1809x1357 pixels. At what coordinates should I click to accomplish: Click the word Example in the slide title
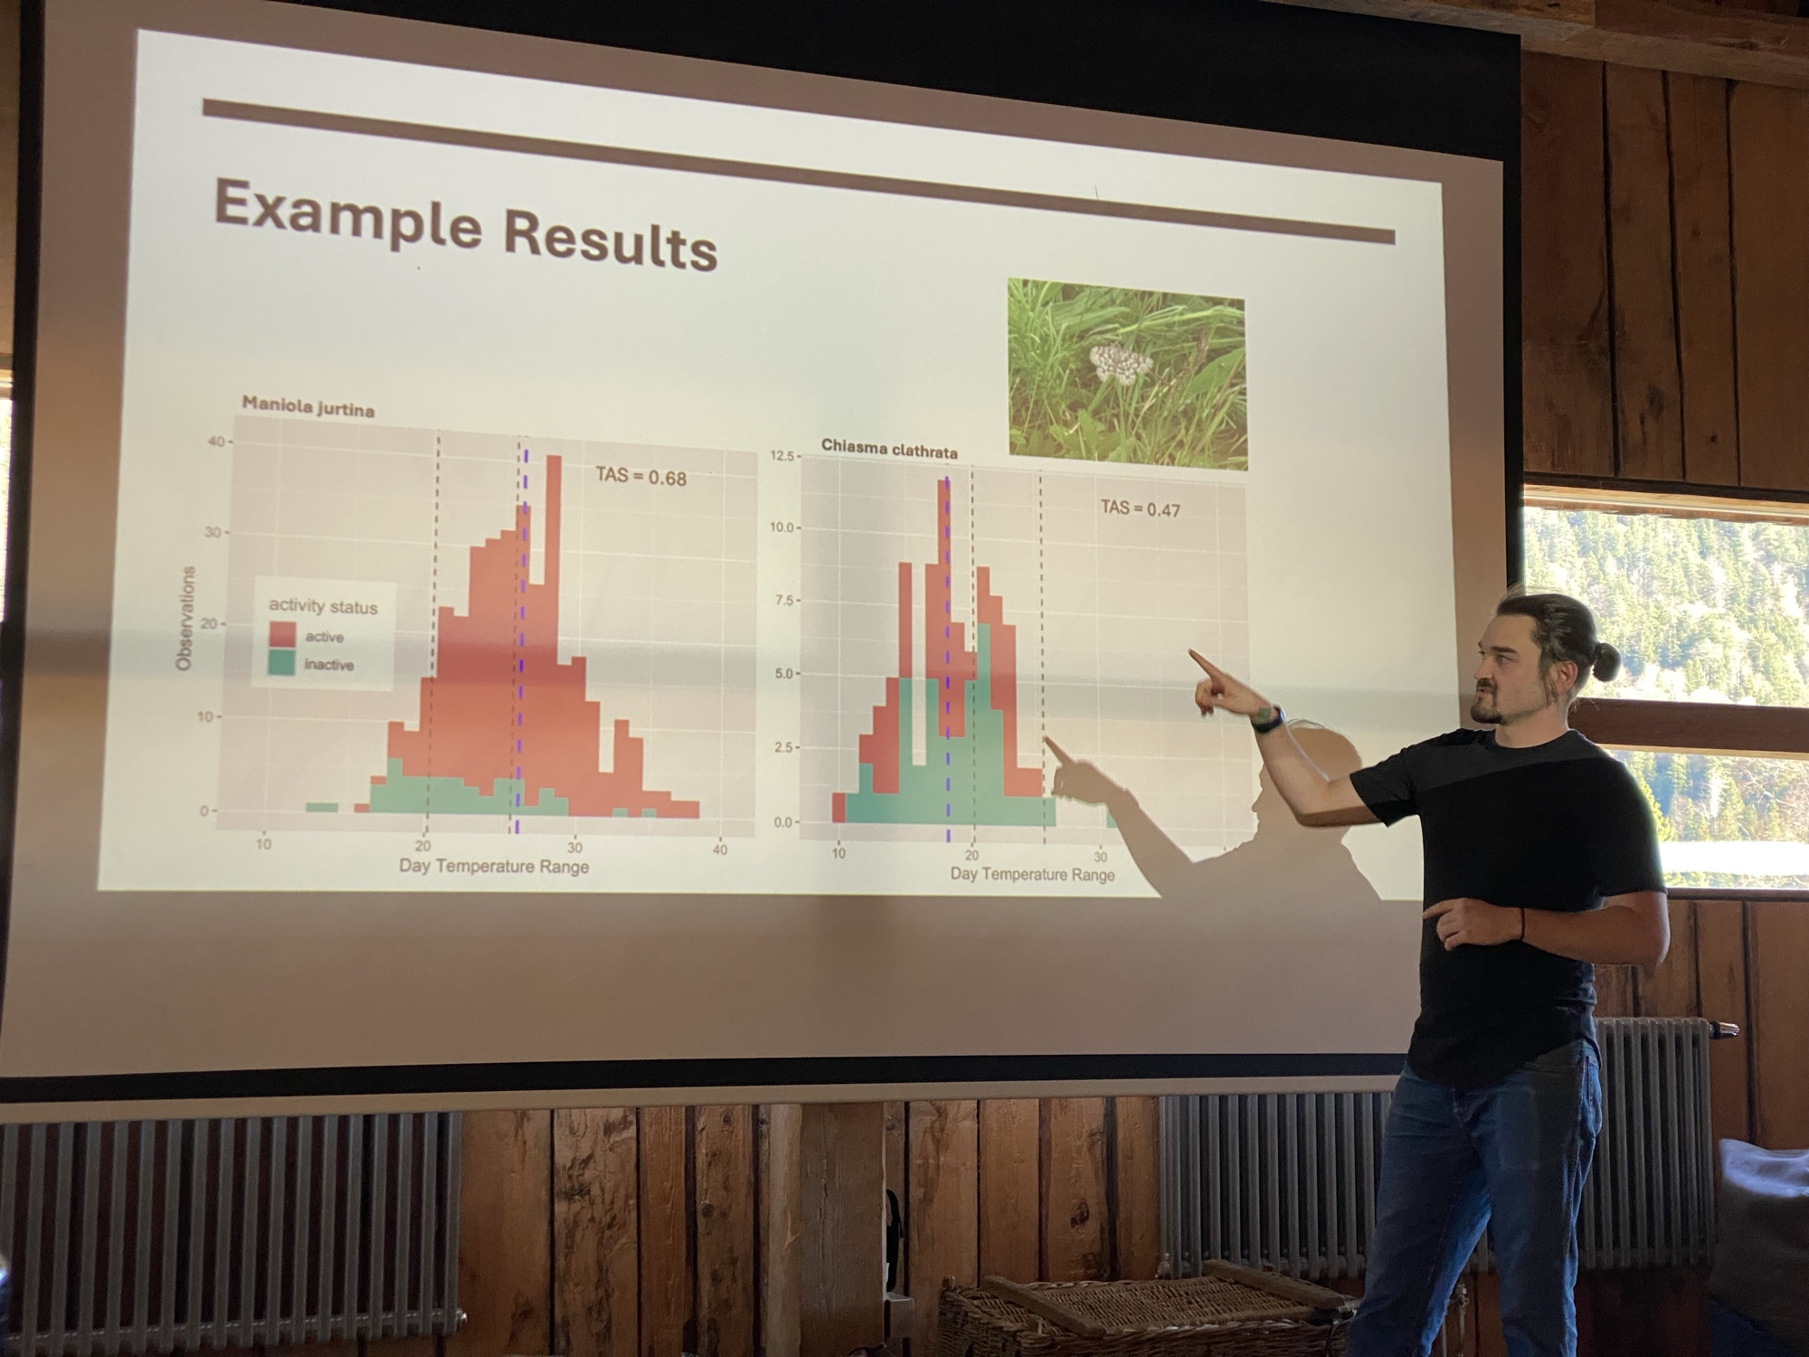347,214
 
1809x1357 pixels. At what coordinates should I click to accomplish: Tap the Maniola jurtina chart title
308,406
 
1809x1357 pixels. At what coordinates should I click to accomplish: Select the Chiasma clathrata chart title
889,448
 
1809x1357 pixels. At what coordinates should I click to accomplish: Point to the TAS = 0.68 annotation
640,476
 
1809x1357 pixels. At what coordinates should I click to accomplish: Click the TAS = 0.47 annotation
1140,508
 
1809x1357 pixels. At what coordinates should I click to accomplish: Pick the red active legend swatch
284,634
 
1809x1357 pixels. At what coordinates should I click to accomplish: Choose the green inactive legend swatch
284,663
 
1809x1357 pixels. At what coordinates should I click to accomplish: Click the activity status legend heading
323,605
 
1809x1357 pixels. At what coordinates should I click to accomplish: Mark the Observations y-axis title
185,618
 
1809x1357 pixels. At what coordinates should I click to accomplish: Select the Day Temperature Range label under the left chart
494,867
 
